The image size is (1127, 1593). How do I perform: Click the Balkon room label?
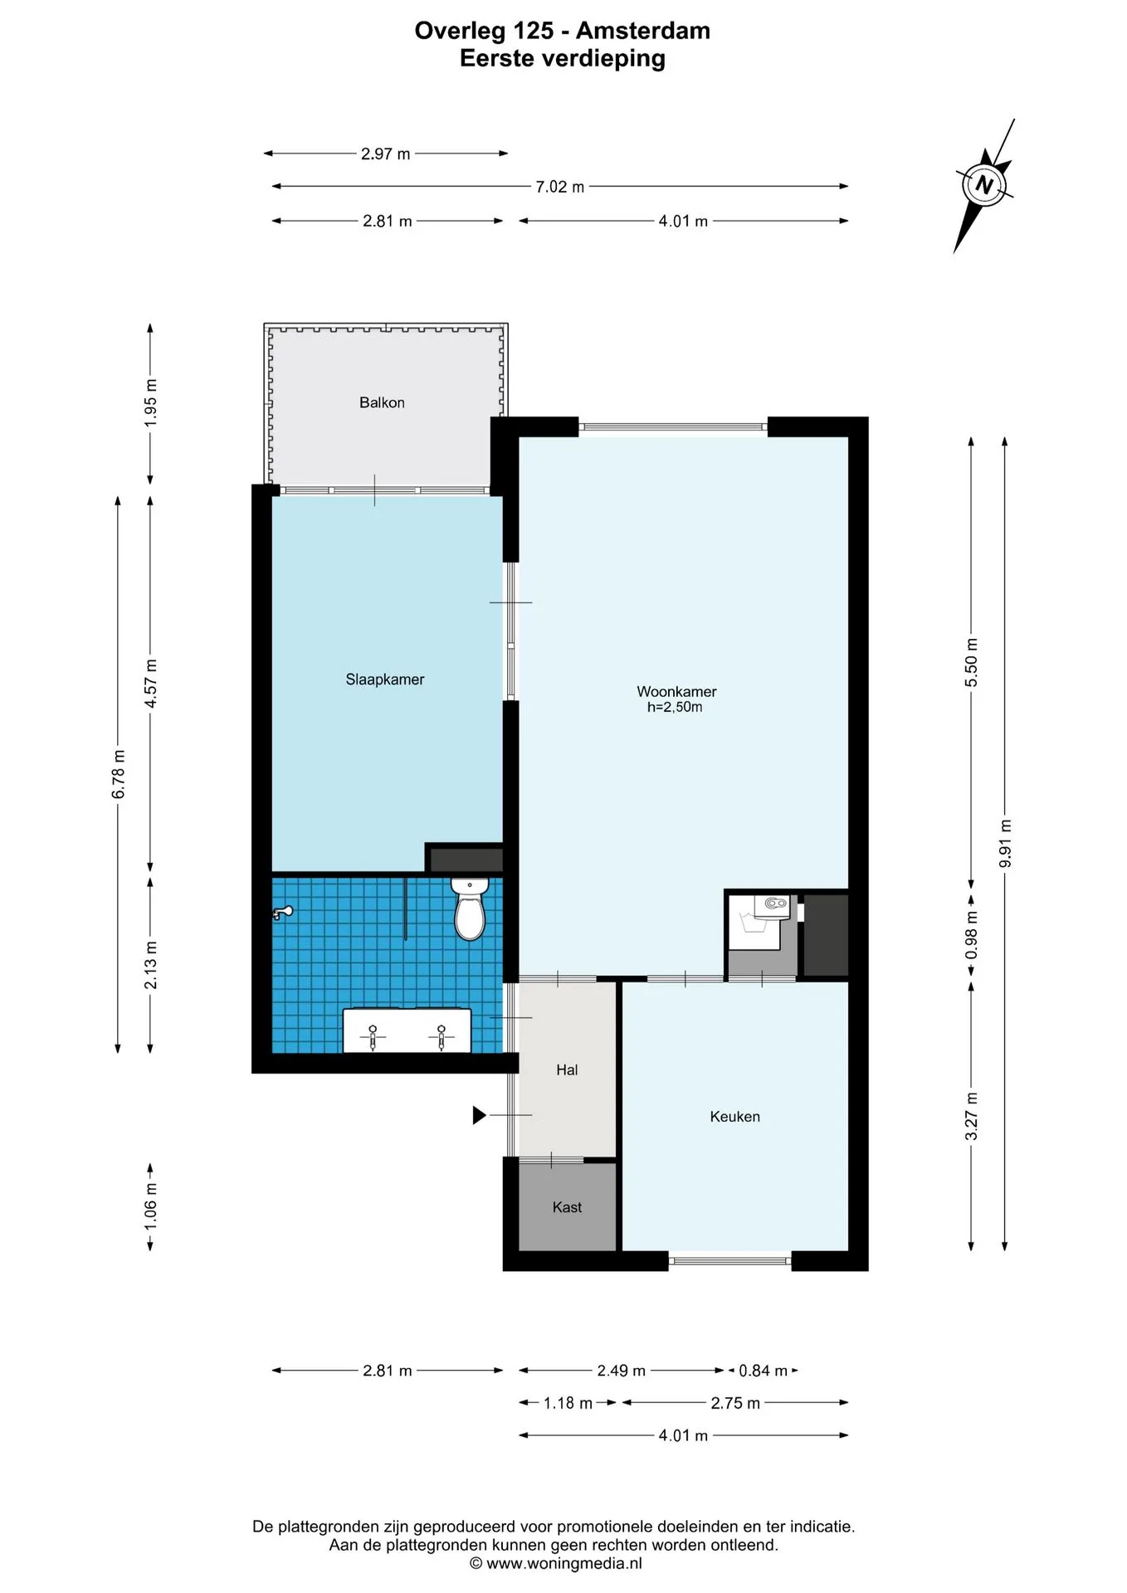tap(382, 402)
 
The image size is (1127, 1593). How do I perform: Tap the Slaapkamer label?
tap(385, 680)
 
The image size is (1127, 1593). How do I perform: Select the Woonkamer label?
tap(676, 691)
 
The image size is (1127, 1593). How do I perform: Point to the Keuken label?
tap(734, 1117)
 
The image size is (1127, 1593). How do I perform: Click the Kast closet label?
tap(567, 1207)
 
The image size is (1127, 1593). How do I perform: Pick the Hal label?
tap(567, 1070)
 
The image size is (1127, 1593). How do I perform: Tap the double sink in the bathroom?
tap(407, 1030)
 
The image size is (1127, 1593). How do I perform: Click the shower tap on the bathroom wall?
tap(283, 913)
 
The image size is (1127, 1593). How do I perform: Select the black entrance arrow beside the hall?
tap(479, 1115)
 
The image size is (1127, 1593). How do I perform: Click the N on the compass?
tap(984, 184)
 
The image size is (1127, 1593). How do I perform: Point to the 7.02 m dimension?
tap(560, 187)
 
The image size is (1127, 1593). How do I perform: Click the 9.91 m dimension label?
tap(1005, 844)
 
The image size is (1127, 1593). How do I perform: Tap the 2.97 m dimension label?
tap(386, 153)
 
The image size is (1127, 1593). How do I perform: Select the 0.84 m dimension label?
tap(763, 1371)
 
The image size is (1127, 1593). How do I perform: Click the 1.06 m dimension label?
tap(150, 1206)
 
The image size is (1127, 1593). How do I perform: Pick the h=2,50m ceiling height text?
tap(675, 708)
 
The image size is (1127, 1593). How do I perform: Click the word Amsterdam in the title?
tap(643, 31)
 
